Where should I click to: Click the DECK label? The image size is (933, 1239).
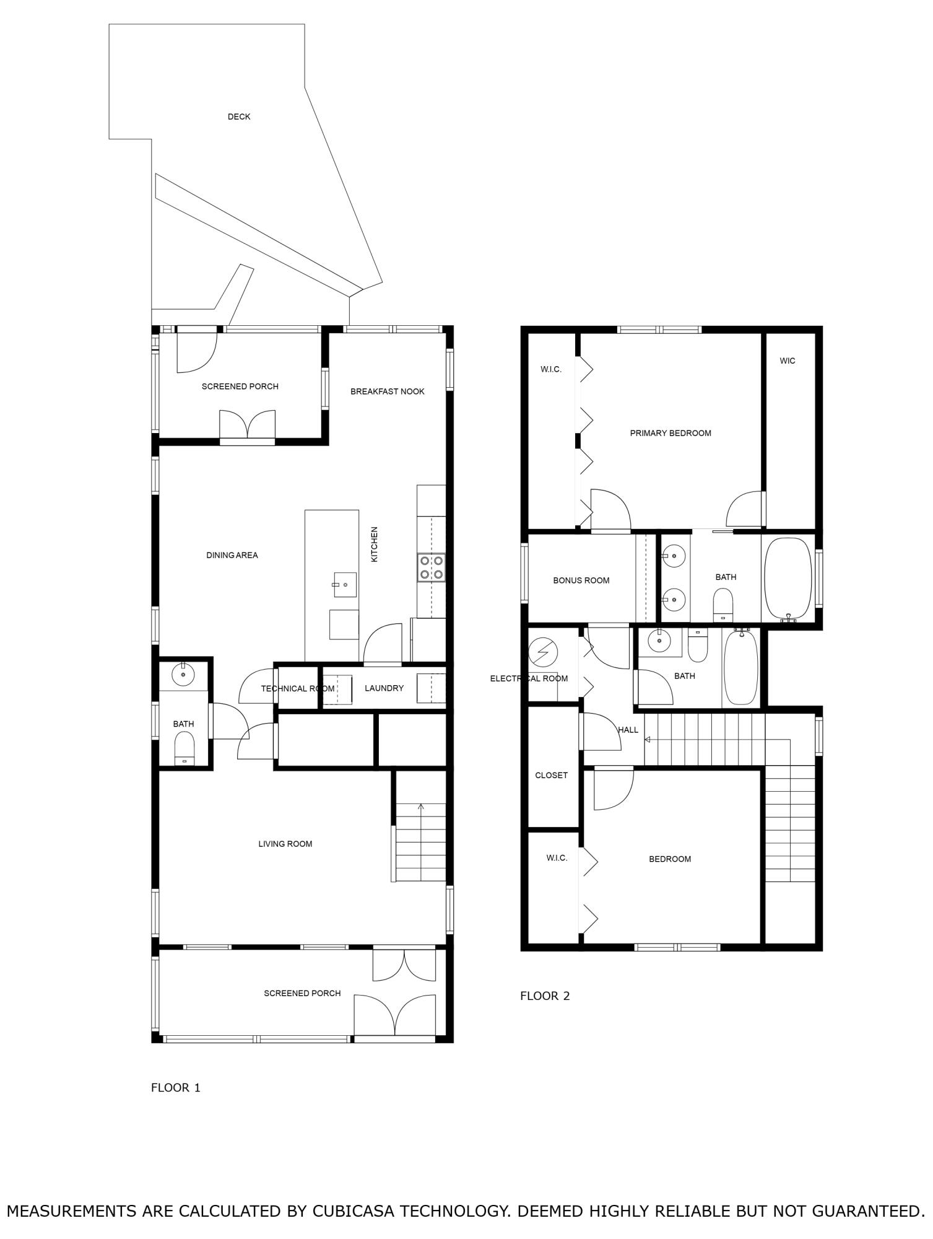[x=238, y=116]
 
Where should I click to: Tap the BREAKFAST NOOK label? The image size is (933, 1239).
[x=387, y=392]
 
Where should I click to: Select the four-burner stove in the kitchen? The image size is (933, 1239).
[x=432, y=567]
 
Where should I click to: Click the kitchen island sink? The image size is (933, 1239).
[x=345, y=585]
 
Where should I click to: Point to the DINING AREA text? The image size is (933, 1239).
[x=232, y=555]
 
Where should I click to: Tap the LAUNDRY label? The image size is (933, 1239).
[x=384, y=688]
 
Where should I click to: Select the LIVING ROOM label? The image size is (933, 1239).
[x=285, y=844]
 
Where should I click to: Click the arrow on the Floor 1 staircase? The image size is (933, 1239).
[x=421, y=807]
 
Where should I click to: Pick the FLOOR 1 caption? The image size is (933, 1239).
[x=175, y=1088]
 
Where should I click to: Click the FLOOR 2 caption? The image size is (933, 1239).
[x=544, y=996]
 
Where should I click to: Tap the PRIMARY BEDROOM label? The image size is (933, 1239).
[x=670, y=433]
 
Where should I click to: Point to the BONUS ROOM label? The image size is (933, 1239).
[x=581, y=580]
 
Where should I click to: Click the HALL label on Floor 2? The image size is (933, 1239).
[x=628, y=730]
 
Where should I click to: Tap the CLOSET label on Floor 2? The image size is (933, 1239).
[x=551, y=776]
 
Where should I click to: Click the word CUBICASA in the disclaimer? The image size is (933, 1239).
[x=353, y=1211]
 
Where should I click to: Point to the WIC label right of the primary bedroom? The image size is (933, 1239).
[x=787, y=361]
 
